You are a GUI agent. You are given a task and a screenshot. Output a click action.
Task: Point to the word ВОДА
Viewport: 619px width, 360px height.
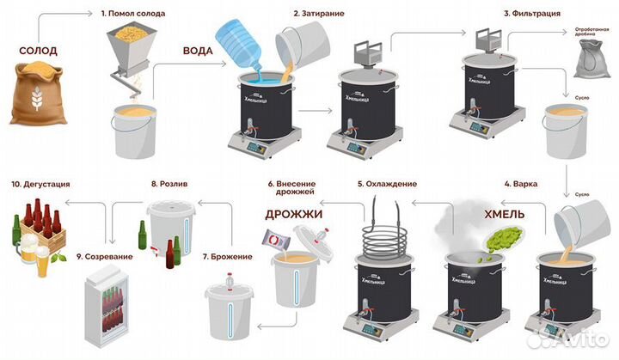pyautogui.click(x=198, y=50)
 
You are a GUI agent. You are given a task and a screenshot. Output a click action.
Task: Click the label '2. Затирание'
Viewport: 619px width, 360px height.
pyautogui.click(x=320, y=14)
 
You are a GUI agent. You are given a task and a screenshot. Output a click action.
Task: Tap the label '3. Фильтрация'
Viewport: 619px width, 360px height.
pyautogui.click(x=532, y=14)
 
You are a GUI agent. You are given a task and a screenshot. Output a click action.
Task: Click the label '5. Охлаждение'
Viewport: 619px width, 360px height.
pyautogui.click(x=388, y=184)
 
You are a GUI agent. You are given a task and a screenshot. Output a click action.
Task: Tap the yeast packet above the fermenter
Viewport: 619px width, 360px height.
pyautogui.click(x=280, y=241)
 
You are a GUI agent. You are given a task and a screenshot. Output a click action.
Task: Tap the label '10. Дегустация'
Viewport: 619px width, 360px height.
pyautogui.click(x=40, y=184)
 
